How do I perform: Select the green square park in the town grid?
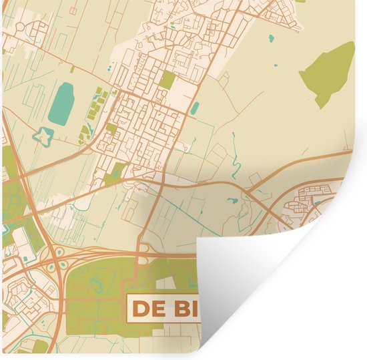(x=168, y=81)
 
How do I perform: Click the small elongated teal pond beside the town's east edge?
(x=195, y=108)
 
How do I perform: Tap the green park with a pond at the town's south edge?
(x=116, y=172)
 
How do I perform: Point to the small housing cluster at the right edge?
(x=314, y=194)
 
